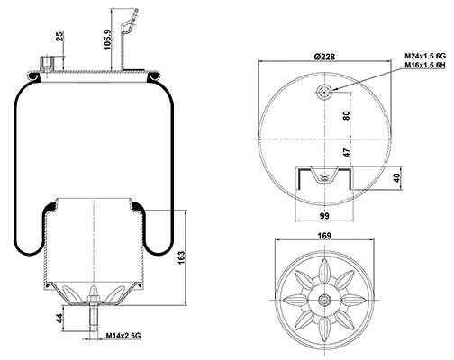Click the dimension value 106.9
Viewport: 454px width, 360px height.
pos(107,40)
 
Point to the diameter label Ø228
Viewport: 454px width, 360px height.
pos(325,57)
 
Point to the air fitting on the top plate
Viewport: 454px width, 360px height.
pos(46,63)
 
